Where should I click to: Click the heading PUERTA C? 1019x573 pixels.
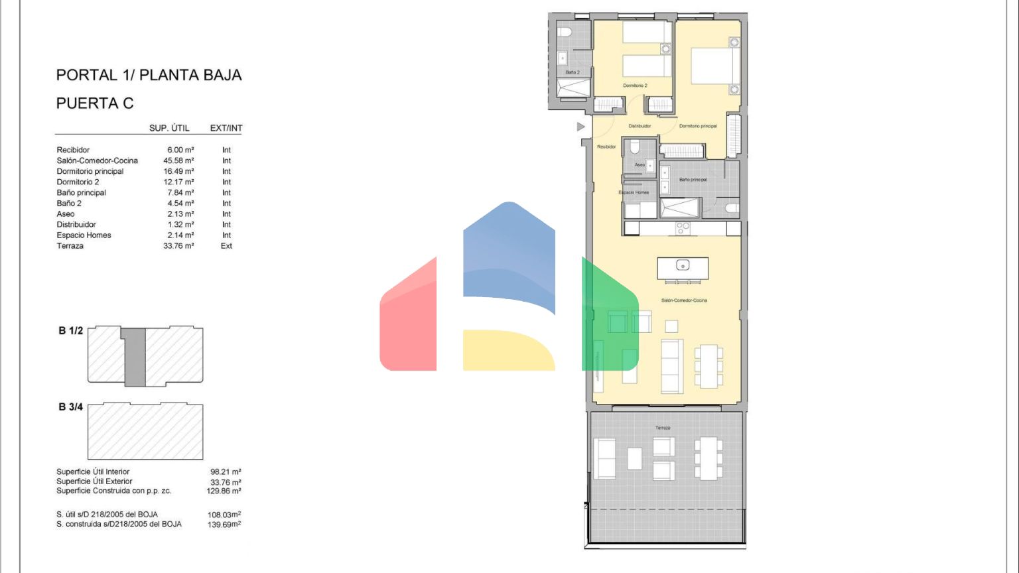click(x=95, y=103)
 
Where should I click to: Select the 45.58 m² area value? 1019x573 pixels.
click(x=178, y=160)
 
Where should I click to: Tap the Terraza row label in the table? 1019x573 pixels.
click(x=70, y=245)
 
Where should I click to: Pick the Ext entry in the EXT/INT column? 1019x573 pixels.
click(x=226, y=245)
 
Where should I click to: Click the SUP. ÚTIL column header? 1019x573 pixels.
click(x=169, y=128)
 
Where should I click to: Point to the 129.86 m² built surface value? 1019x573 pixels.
click(x=224, y=491)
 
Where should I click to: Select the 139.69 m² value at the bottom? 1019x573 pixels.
click(x=224, y=525)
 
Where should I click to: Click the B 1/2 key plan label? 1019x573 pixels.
click(x=71, y=331)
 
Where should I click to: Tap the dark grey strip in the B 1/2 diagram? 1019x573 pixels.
click(x=135, y=357)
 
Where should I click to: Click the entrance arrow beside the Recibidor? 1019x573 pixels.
click(x=581, y=127)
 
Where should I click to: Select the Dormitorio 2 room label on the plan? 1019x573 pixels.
click(x=635, y=86)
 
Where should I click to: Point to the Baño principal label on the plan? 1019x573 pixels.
click(x=693, y=180)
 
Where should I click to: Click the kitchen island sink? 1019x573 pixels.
click(x=683, y=265)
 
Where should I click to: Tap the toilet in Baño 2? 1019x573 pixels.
click(x=565, y=32)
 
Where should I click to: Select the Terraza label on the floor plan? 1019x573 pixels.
click(x=662, y=428)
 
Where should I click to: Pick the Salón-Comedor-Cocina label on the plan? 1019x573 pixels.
click(x=684, y=300)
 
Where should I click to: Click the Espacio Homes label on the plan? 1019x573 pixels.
click(x=634, y=192)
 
